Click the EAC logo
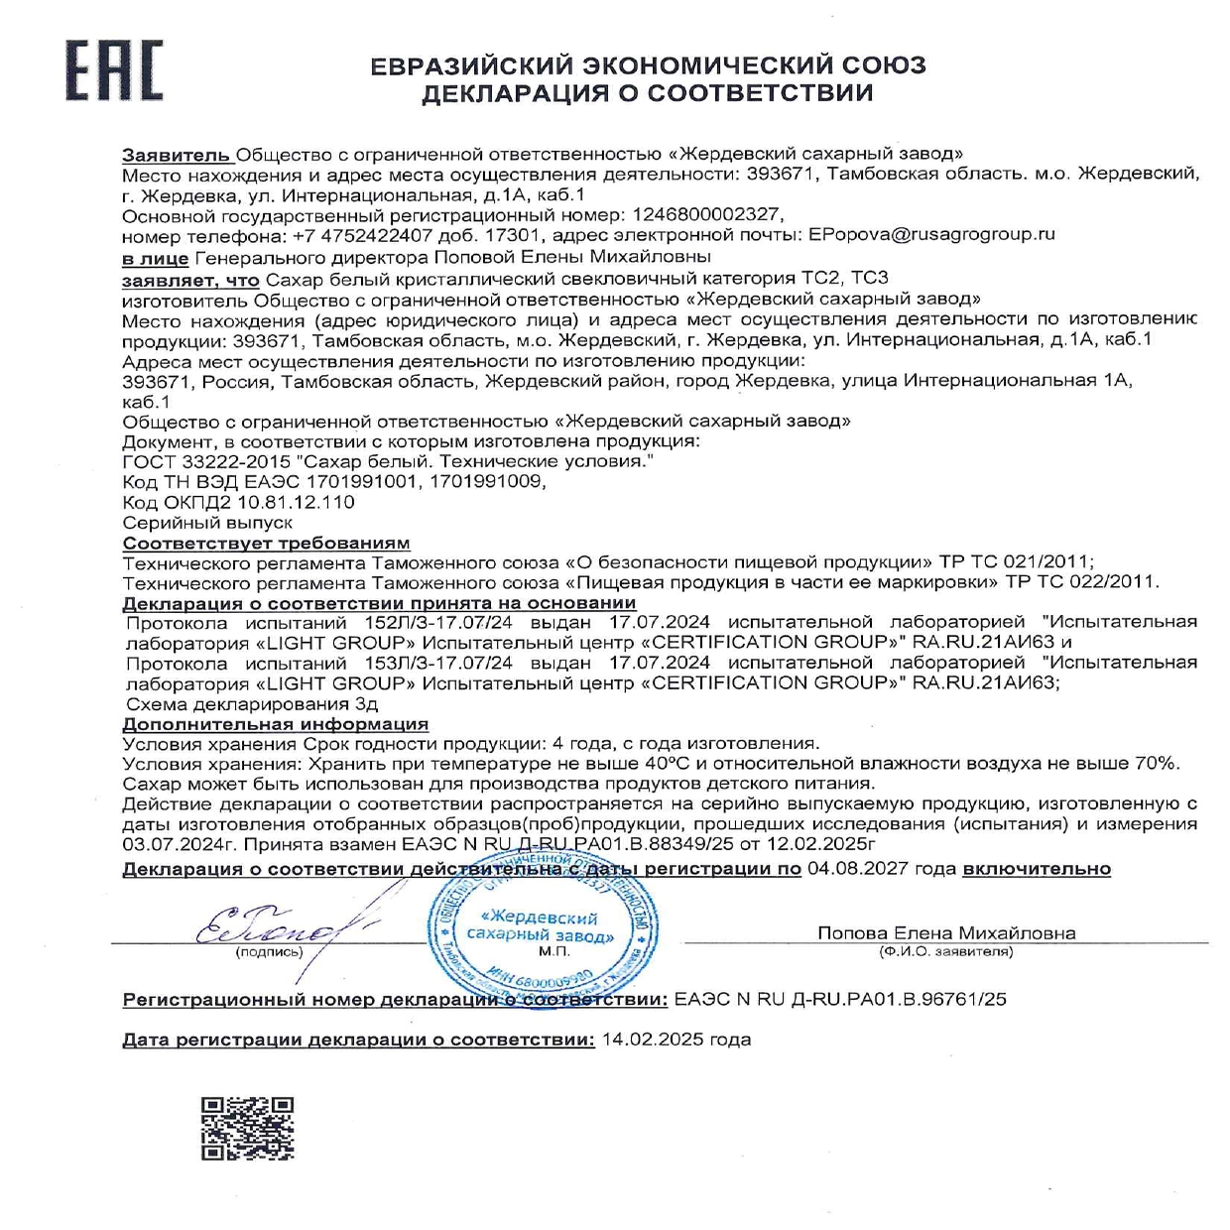[x=114, y=71]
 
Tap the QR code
[x=248, y=1128]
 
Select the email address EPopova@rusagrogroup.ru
[x=931, y=235]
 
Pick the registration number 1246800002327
[x=700, y=214]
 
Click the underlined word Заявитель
[x=177, y=154]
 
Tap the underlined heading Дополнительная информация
[x=275, y=724]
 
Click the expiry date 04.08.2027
[x=854, y=869]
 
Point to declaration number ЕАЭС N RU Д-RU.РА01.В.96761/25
[x=839, y=999]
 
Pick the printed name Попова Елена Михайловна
[x=945, y=933]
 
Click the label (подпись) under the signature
[x=269, y=952]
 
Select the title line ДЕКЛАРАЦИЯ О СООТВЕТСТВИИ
[x=647, y=93]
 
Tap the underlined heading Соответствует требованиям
[x=266, y=543]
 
